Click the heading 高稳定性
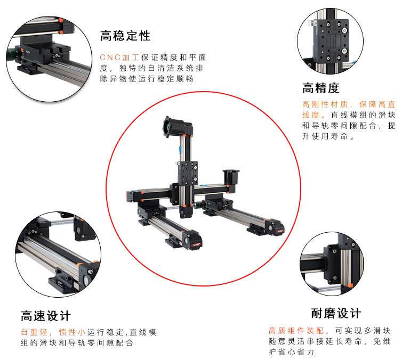(125, 36)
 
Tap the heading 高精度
(321, 88)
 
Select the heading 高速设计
(46, 316)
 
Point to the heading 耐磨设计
(336, 313)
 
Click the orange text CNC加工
(119, 58)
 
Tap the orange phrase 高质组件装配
(296, 331)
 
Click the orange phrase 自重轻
(34, 332)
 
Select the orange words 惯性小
(72, 332)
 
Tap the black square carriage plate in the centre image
(189, 173)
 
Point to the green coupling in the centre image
(198, 204)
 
